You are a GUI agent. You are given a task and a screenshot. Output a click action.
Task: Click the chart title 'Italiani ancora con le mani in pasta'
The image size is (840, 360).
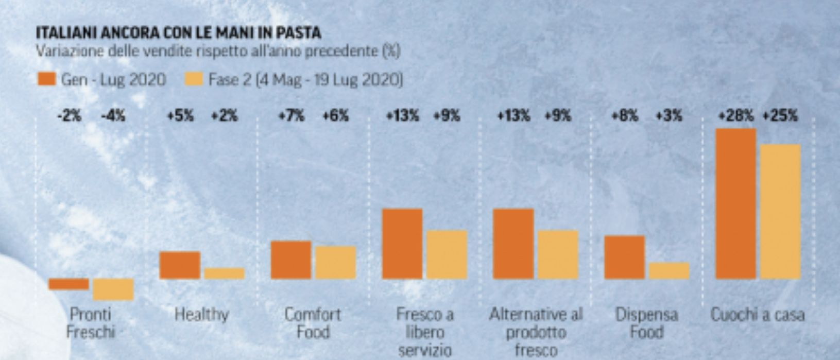(178, 33)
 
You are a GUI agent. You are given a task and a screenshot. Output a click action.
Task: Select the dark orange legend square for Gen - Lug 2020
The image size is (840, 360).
(46, 79)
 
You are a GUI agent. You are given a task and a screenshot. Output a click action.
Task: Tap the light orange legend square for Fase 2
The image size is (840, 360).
(194, 79)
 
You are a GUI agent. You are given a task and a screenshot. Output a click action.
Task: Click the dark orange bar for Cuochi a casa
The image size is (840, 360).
(736, 204)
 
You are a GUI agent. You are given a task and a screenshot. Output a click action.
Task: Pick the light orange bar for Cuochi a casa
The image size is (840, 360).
(780, 212)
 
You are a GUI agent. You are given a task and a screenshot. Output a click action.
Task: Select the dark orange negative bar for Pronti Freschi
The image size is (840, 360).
(68, 284)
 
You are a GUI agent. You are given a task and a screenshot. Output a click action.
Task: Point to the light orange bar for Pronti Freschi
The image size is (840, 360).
(113, 289)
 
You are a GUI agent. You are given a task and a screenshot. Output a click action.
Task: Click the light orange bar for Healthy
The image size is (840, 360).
(224, 273)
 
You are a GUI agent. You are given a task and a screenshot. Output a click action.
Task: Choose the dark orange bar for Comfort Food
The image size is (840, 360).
(291, 260)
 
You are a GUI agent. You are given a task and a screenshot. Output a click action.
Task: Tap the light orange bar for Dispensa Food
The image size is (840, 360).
(669, 271)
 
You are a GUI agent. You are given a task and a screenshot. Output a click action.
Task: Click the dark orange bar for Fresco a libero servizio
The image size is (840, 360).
(402, 244)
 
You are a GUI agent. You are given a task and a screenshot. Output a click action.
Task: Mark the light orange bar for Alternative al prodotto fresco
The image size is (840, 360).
(558, 254)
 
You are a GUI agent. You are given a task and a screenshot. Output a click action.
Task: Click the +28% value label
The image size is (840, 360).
(736, 116)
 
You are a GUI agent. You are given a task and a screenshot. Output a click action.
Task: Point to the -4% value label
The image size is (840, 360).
(113, 116)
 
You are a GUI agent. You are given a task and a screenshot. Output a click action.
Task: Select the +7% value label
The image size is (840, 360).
(291, 116)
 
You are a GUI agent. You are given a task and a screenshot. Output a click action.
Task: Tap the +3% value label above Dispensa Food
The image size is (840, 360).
(669, 116)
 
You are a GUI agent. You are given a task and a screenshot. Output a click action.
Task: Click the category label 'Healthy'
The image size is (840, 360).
(201, 314)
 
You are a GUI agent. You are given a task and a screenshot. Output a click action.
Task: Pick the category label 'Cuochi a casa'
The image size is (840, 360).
(758, 314)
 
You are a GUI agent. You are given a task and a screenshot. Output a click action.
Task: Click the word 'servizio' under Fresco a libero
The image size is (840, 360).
(425, 351)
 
